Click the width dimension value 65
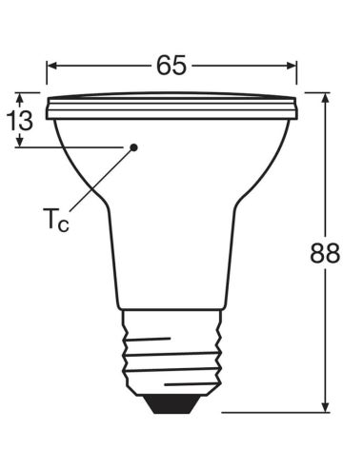tap(171, 65)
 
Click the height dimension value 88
tap(326, 255)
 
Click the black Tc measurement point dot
tap(133, 147)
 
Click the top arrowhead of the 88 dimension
tap(326, 98)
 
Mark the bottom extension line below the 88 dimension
tap(276, 413)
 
